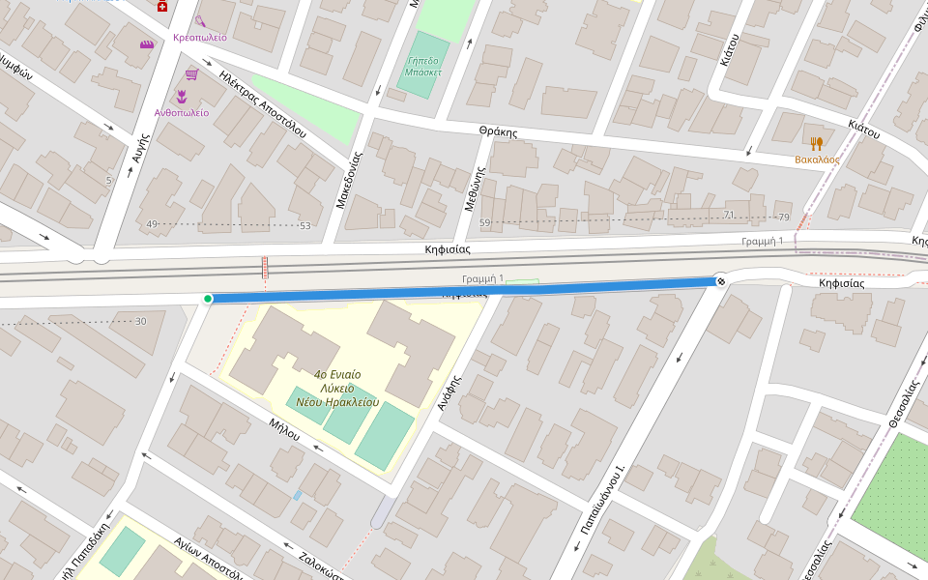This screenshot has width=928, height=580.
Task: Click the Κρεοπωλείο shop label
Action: (x=199, y=37)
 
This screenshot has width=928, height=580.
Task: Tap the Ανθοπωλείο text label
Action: (x=181, y=112)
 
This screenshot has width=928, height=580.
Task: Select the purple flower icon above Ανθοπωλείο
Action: (x=181, y=95)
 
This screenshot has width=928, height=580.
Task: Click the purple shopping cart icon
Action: (x=191, y=74)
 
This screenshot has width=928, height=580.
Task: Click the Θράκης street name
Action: (x=498, y=131)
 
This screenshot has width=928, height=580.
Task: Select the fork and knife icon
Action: (x=817, y=143)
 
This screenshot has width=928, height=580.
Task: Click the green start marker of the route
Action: (x=207, y=299)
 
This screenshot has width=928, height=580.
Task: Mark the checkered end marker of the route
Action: (x=720, y=281)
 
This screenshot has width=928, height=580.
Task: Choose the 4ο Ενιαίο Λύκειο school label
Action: (x=345, y=388)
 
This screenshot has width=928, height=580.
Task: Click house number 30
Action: (x=141, y=321)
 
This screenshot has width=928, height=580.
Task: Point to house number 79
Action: (x=783, y=216)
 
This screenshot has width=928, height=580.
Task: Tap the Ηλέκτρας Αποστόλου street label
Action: (x=262, y=103)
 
